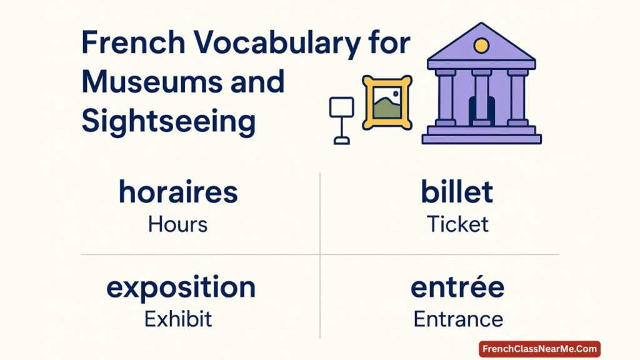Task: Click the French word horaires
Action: pyautogui.click(x=178, y=191)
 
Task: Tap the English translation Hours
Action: pyautogui.click(x=177, y=224)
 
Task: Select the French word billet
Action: pyautogui.click(x=457, y=191)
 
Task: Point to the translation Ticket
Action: pyautogui.click(x=457, y=224)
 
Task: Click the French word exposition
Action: pyautogui.click(x=181, y=287)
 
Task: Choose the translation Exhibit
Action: pyautogui.click(x=178, y=319)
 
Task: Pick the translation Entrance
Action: pyautogui.click(x=458, y=319)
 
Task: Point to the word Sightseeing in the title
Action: pyautogui.click(x=169, y=122)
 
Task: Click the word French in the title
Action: pyautogui.click(x=134, y=42)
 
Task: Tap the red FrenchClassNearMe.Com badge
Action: pyautogui.click(x=539, y=349)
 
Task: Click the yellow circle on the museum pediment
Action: pyautogui.click(x=481, y=46)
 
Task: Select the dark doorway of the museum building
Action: pyautogui.click(x=482, y=111)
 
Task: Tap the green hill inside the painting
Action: pyautogui.click(x=386, y=109)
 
